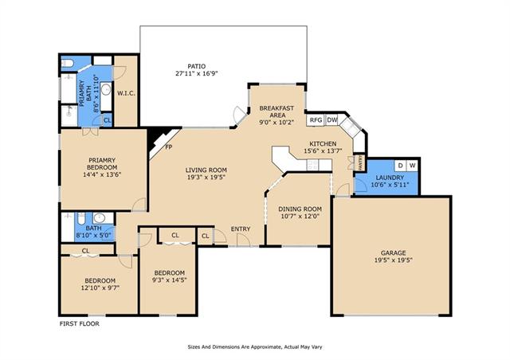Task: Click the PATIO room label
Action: click(x=197, y=66)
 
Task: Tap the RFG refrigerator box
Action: click(x=316, y=120)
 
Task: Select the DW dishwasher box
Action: click(x=332, y=120)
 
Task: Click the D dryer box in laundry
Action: click(x=400, y=166)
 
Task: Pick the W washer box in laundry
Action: click(x=412, y=166)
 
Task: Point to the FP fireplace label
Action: click(x=168, y=147)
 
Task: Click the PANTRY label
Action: click(x=360, y=162)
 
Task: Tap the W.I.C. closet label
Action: click(x=126, y=93)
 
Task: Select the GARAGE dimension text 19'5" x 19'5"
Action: click(x=393, y=260)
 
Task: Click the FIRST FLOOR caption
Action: click(x=80, y=323)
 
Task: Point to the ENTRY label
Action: click(x=241, y=229)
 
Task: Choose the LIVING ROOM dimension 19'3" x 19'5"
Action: click(x=206, y=178)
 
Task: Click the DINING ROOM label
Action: click(x=300, y=209)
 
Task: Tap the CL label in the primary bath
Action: click(x=108, y=120)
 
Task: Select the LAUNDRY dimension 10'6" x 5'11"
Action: click(x=390, y=185)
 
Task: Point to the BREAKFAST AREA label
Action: click(x=277, y=112)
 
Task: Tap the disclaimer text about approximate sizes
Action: click(x=255, y=347)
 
